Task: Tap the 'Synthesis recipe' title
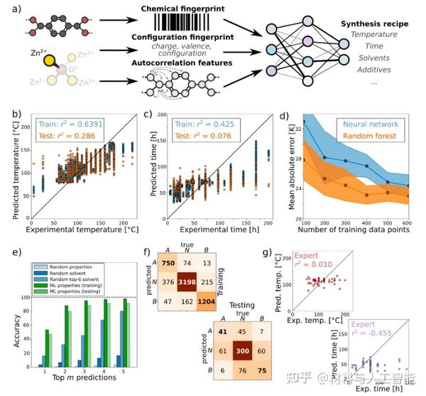click(x=372, y=23)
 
